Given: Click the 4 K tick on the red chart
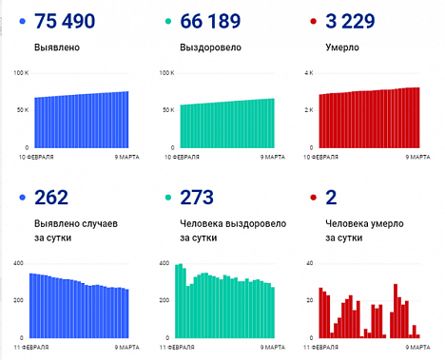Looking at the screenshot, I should point(307,74).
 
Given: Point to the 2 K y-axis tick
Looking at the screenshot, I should point(307,110).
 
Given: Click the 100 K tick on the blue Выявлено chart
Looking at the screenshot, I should point(22,74).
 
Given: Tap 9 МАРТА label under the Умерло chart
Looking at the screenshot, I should point(409,155).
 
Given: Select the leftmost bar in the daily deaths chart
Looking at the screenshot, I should point(320,313).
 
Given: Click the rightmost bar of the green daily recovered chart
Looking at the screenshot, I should point(273,313).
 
